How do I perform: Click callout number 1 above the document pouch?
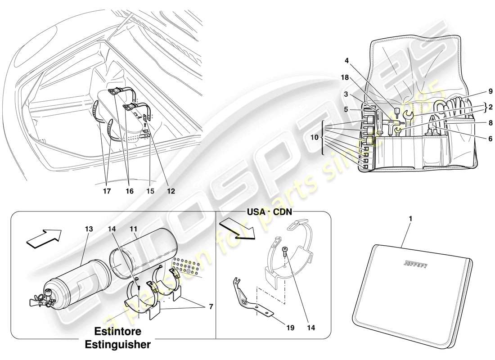[410, 218]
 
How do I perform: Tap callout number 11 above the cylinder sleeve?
[133, 229]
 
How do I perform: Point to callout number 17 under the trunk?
[107, 191]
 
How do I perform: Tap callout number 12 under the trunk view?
[170, 191]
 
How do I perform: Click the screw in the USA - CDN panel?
[285, 250]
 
